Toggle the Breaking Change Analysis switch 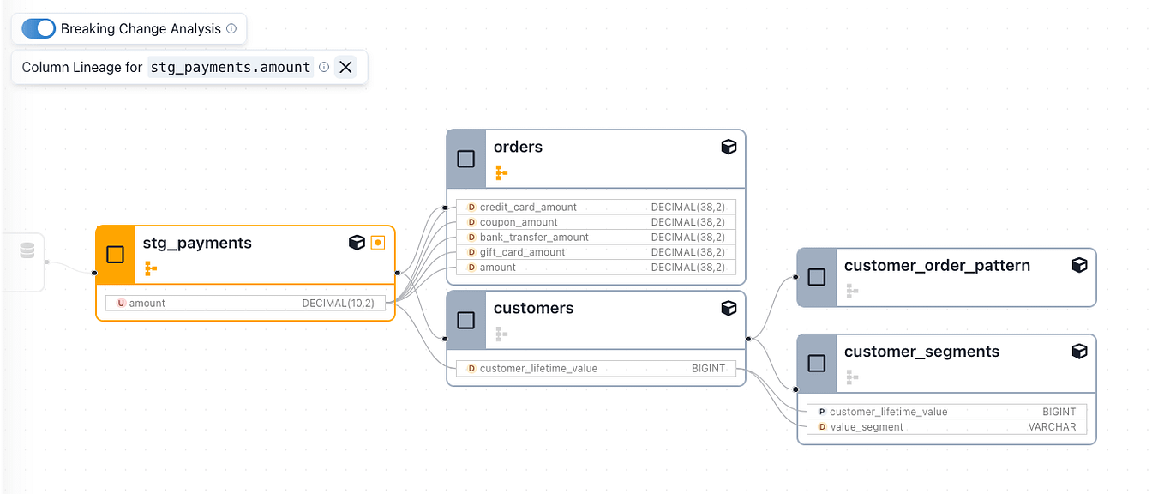(x=39, y=28)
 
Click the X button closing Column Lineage (x=345, y=67)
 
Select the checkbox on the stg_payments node (x=116, y=255)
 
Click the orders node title (x=518, y=147)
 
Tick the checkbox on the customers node (x=466, y=320)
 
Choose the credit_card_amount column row (x=528, y=207)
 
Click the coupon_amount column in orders (x=519, y=222)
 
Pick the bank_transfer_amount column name (x=534, y=238)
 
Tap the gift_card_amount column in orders (x=522, y=252)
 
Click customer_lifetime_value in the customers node (x=538, y=369)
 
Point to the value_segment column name (x=867, y=427)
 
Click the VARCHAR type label (x=1052, y=427)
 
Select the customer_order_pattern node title (x=937, y=265)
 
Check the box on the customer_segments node (x=817, y=364)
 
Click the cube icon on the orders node (x=729, y=147)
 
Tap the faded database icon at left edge (x=27, y=250)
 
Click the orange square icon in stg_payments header (x=377, y=243)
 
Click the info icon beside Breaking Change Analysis (x=231, y=28)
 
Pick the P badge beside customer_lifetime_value (x=822, y=412)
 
